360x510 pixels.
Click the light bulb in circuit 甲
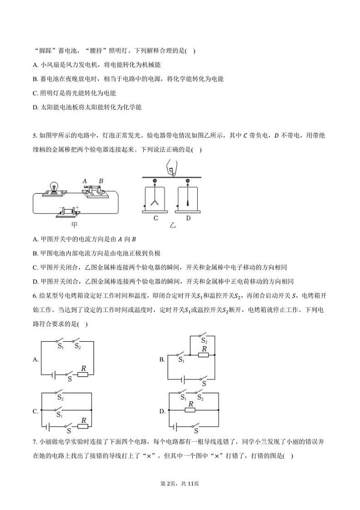pyautogui.click(x=54, y=186)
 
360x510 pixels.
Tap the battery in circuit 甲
pyautogui.click(x=68, y=211)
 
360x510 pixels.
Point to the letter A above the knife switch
pyautogui.click(x=85, y=181)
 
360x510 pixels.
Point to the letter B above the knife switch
pyautogui.click(x=101, y=181)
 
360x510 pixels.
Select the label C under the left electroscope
pyautogui.click(x=156, y=218)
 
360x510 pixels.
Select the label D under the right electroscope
pyautogui.click(x=188, y=218)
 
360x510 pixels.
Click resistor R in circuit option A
pyautogui.click(x=83, y=375)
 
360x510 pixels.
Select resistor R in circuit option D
pyautogui.click(x=190, y=410)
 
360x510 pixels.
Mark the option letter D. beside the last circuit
pyautogui.click(x=162, y=412)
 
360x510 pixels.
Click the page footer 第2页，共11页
pyautogui.click(x=180, y=484)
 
